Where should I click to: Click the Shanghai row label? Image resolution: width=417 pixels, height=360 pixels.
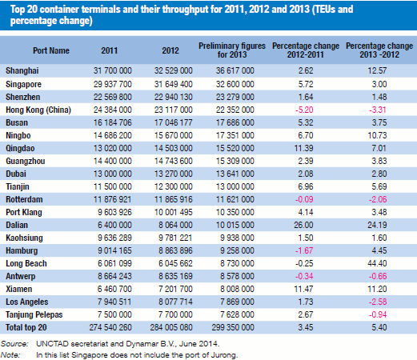tap(22, 70)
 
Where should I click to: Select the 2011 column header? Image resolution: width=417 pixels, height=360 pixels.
tap(110, 50)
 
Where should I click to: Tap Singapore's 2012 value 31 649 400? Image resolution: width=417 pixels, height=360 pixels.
tap(174, 84)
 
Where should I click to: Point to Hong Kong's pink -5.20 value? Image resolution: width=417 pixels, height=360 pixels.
tap(304, 110)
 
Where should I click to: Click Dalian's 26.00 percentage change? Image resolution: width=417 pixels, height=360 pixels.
tap(303, 225)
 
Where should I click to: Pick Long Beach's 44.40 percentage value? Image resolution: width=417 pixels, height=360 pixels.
tap(377, 263)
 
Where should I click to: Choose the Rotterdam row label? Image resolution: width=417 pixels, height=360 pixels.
tap(24, 199)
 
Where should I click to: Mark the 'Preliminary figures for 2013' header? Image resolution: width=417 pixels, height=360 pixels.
tap(232, 50)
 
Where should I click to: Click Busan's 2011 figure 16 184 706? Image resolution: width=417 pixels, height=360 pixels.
tap(113, 122)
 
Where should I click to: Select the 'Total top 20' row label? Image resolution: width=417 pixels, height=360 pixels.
tap(26, 327)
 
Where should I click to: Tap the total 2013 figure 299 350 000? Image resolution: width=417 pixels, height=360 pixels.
tap(233, 327)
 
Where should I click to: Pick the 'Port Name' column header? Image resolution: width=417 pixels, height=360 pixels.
tap(51, 50)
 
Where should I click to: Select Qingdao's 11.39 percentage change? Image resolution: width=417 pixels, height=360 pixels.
tap(303, 148)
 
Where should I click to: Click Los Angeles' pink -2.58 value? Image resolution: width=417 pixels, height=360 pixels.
tap(378, 302)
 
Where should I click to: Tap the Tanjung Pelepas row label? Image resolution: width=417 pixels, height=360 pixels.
tap(34, 314)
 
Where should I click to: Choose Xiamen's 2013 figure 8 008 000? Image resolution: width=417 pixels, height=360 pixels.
tap(237, 289)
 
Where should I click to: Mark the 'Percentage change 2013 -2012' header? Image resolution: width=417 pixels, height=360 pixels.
tap(379, 50)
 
